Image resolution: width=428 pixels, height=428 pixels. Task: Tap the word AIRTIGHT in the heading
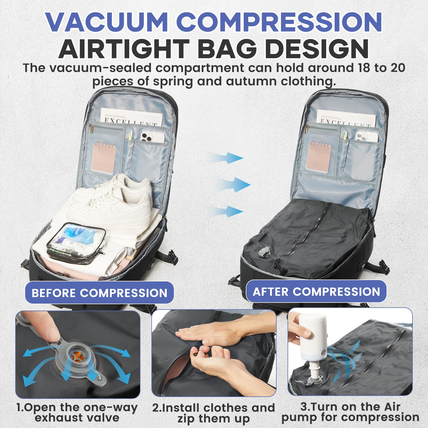[124, 49]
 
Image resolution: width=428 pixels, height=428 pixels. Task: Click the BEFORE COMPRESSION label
[100, 293]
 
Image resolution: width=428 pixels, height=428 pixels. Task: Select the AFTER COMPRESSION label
[316, 292]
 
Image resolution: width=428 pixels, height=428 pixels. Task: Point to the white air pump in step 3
[312, 337]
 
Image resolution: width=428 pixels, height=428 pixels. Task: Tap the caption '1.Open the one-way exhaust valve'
[77, 412]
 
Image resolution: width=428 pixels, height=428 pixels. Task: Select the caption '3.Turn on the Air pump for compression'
[350, 412]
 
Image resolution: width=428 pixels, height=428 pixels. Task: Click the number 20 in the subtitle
[398, 68]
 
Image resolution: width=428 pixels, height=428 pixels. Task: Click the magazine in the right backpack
[347, 118]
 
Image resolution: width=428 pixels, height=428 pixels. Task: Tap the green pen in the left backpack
[131, 139]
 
